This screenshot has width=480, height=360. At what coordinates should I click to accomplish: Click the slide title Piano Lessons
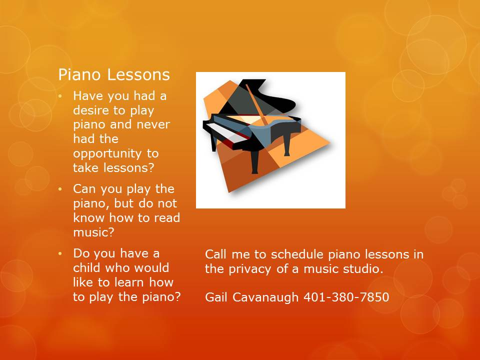(x=114, y=74)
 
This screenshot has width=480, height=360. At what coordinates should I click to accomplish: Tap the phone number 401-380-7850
(x=346, y=297)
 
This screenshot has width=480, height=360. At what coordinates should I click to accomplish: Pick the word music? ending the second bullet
(x=93, y=232)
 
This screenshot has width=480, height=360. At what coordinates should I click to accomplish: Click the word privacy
(x=250, y=269)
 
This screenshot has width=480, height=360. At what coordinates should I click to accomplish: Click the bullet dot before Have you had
(x=60, y=96)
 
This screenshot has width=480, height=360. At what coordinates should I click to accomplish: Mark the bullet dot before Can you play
(x=60, y=189)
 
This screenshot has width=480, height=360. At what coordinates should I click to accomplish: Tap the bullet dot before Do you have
(x=60, y=253)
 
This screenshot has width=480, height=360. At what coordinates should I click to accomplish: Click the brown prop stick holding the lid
(x=256, y=104)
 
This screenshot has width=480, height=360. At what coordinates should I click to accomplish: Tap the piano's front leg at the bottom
(x=254, y=161)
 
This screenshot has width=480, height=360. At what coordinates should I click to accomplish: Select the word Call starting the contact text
(x=216, y=254)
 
